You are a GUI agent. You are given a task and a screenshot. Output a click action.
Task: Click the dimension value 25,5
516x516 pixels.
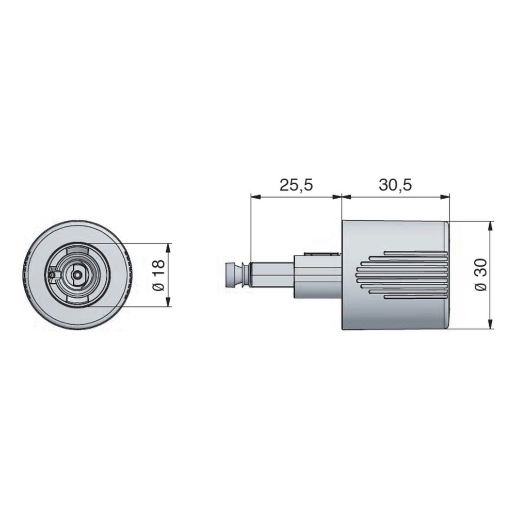click(296, 185)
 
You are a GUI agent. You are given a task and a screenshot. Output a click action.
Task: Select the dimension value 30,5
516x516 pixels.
click(395, 185)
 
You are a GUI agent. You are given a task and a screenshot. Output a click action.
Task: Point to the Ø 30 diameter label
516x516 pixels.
click(480, 276)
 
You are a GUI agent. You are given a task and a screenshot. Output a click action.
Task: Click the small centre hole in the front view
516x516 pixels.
click(77, 276)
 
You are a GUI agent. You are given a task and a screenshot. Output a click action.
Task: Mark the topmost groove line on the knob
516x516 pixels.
click(415, 253)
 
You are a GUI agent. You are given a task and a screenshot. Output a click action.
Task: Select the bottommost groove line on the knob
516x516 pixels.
click(415, 297)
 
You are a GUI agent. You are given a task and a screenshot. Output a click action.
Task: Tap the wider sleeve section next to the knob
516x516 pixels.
click(317, 276)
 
